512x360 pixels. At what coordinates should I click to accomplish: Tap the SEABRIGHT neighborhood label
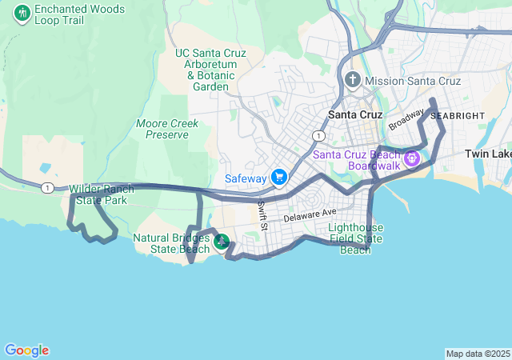458,116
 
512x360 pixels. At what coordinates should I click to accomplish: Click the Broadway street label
406,120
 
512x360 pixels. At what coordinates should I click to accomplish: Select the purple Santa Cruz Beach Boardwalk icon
412,158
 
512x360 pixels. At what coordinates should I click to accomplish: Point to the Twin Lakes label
488,154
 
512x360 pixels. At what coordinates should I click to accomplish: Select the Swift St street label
262,212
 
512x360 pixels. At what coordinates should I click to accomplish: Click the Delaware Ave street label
310,214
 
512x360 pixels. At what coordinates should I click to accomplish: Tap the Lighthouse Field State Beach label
356,238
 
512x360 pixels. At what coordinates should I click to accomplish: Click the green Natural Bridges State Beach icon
222,241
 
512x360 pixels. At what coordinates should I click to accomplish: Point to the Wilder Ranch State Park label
102,194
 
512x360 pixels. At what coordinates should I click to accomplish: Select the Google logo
26,350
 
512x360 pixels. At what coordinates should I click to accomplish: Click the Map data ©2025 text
477,354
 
